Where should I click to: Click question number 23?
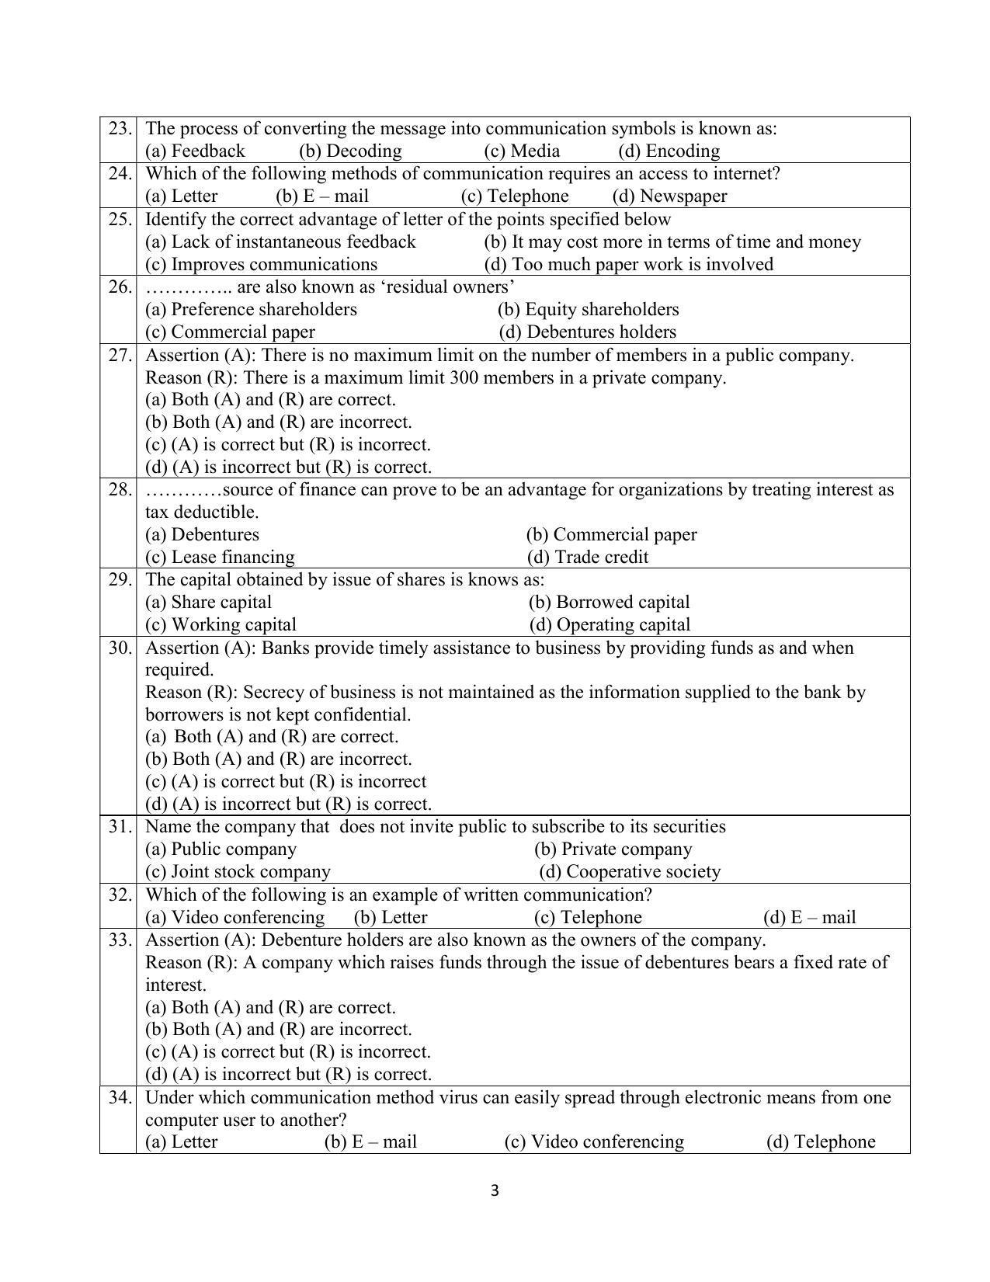tap(119, 128)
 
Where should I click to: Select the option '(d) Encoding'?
tap(669, 151)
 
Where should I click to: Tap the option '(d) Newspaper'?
tap(669, 196)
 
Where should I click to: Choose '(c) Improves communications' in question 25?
tap(261, 264)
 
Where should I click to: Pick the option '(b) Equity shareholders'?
tap(588, 309)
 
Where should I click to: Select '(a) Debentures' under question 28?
tap(202, 534)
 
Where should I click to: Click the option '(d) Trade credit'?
tap(587, 557)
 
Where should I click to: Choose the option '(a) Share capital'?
tap(208, 602)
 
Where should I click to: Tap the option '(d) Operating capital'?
tap(610, 624)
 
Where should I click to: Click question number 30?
tap(119, 648)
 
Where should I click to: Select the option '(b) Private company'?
tap(613, 849)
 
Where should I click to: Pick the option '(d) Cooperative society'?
tap(630, 871)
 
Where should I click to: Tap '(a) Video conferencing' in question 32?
tap(234, 917)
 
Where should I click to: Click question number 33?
tap(119, 940)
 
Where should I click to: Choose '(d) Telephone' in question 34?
tap(820, 1141)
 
